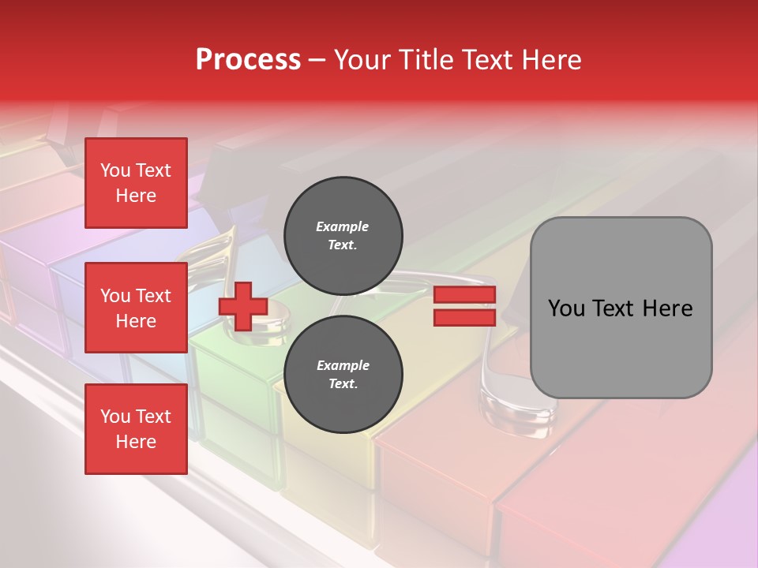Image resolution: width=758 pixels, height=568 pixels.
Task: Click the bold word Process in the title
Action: click(x=248, y=60)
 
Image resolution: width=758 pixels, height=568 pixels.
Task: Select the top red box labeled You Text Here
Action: click(x=136, y=183)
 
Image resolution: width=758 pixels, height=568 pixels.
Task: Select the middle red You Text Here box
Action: click(x=136, y=308)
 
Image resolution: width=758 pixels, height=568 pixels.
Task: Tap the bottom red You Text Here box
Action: click(x=136, y=429)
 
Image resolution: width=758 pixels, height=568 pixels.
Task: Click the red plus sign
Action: click(x=243, y=307)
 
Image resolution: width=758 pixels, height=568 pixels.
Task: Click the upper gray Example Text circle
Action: click(x=343, y=236)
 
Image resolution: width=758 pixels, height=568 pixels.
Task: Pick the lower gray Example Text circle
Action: click(x=343, y=375)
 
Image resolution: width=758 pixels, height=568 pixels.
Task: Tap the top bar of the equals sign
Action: click(x=464, y=295)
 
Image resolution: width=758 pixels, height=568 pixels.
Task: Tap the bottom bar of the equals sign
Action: click(x=464, y=318)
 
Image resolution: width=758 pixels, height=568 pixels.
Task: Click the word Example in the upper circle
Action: click(x=343, y=227)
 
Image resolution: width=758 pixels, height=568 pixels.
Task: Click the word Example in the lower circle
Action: click(x=343, y=366)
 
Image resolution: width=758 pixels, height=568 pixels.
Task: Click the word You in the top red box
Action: click(x=115, y=170)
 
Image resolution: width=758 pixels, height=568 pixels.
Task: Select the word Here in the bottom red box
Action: click(x=136, y=442)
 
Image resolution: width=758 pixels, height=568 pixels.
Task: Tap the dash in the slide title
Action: click(x=317, y=60)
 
